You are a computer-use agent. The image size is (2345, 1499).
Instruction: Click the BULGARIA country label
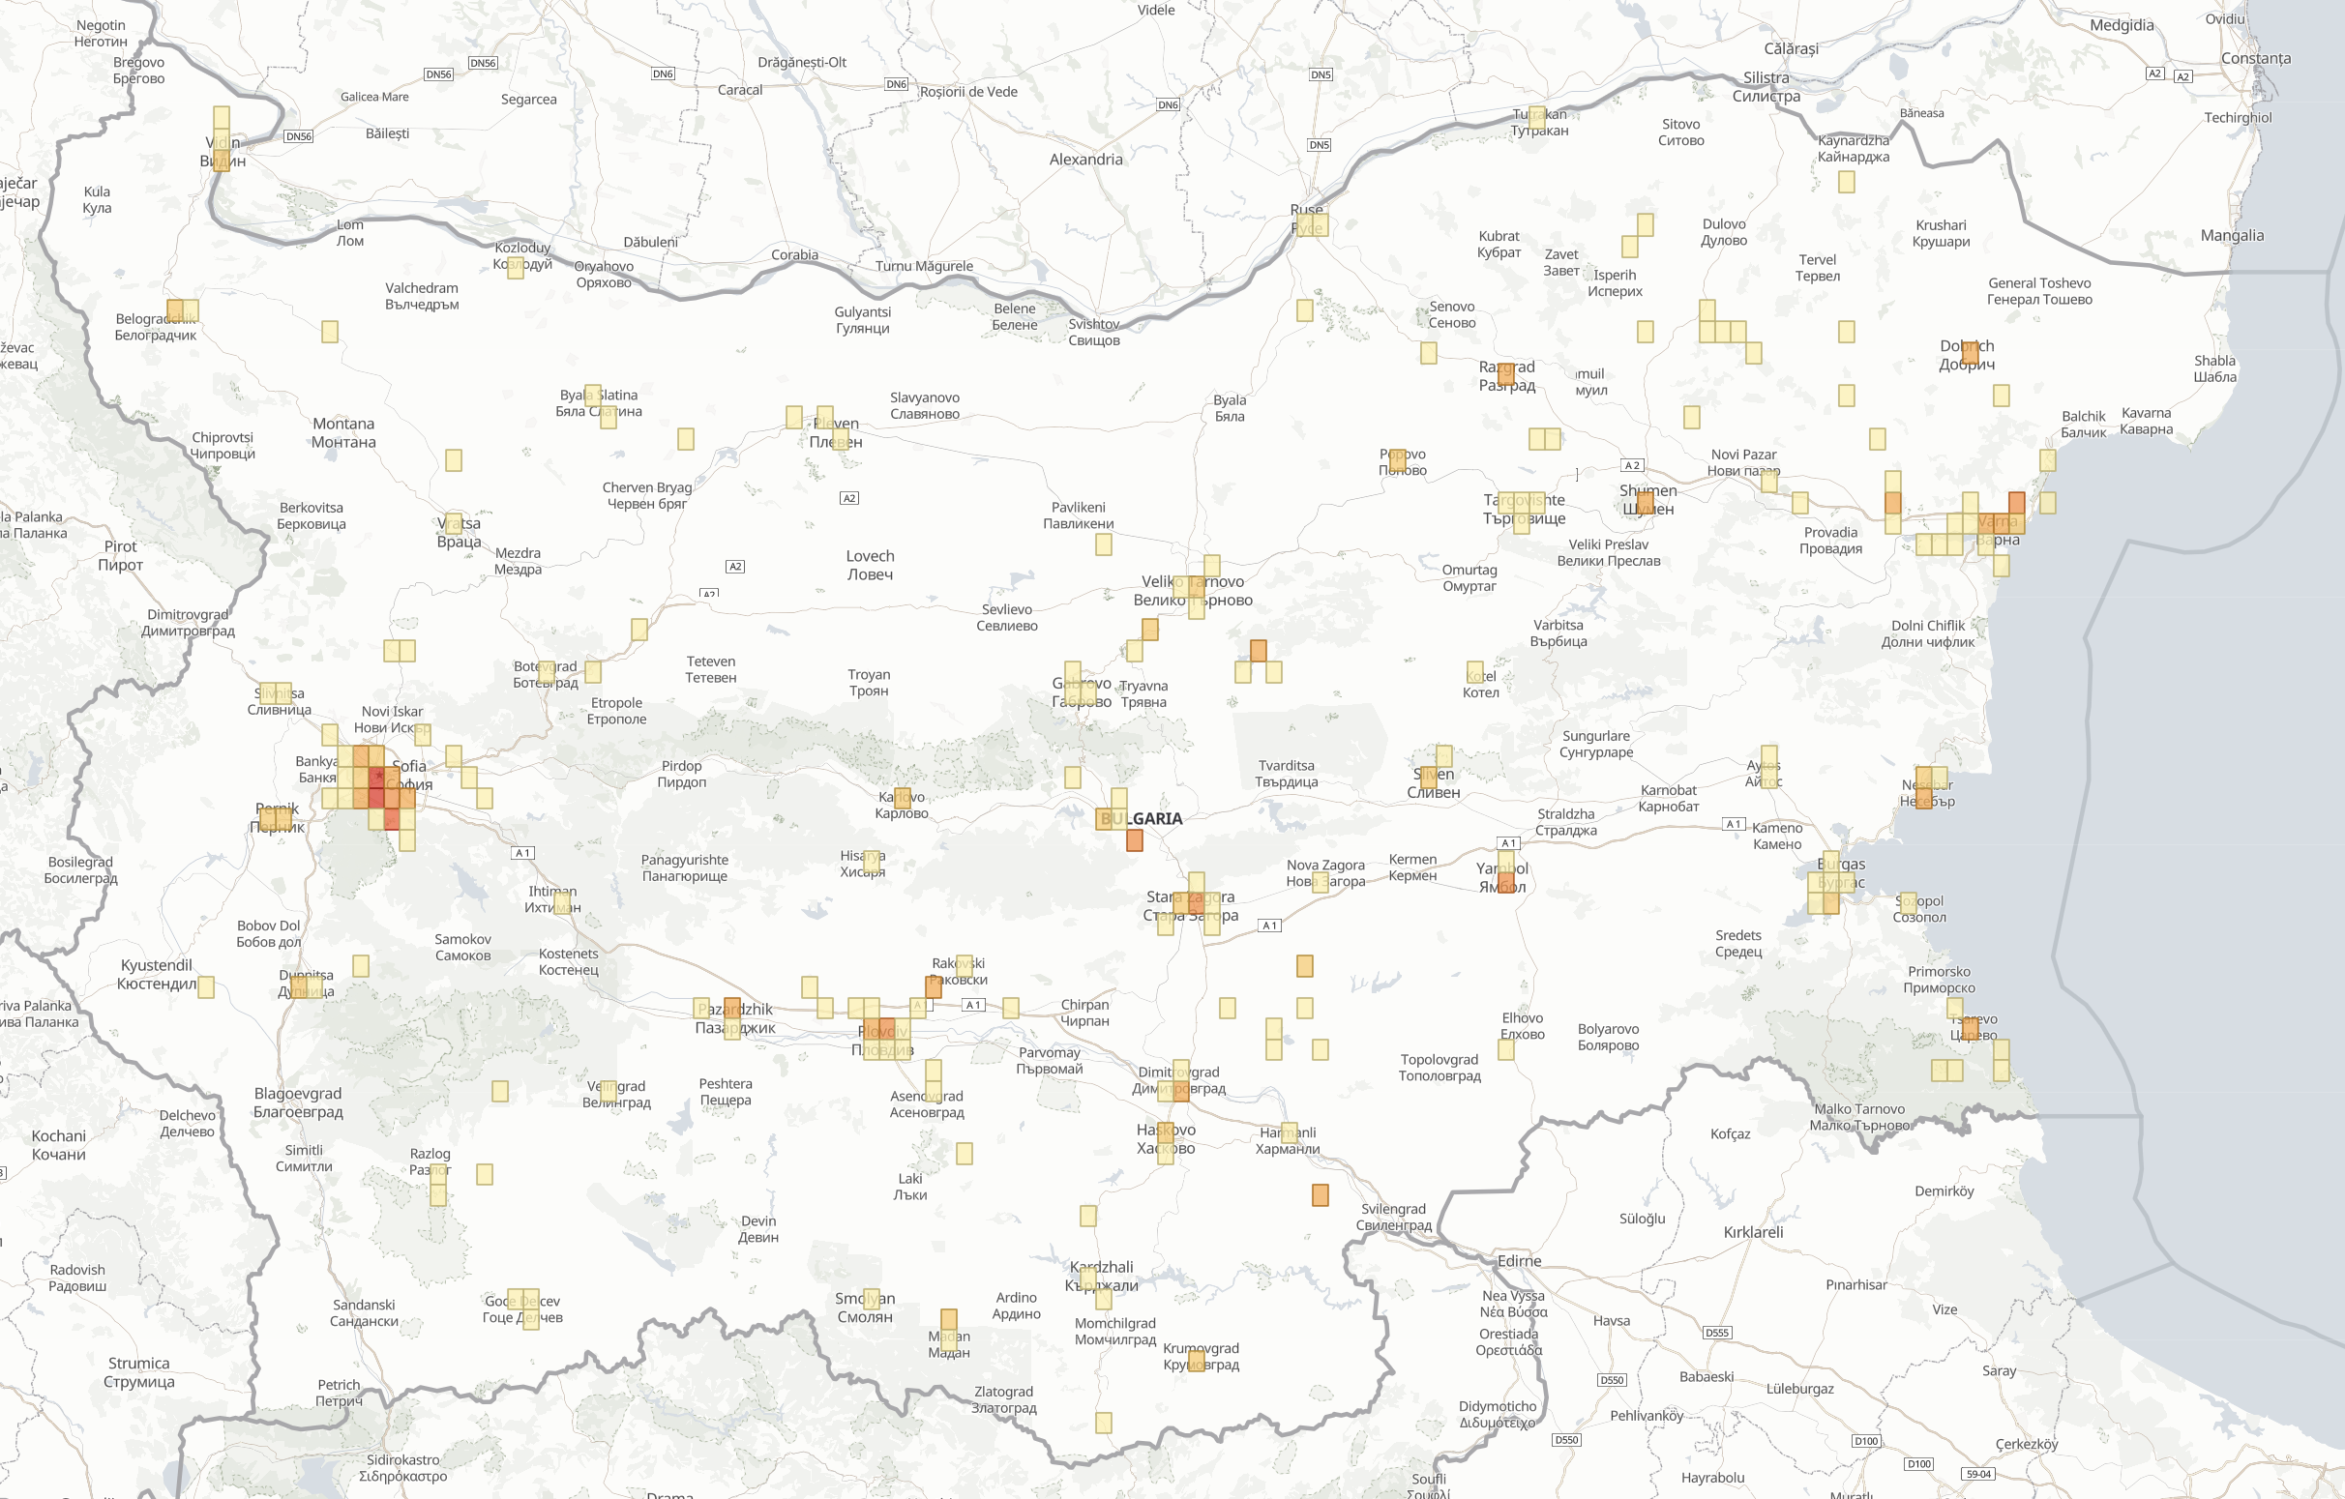pyautogui.click(x=1142, y=818)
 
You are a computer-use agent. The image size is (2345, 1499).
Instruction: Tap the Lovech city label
pyautogui.click(x=870, y=566)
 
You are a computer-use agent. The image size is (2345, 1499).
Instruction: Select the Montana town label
pyautogui.click(x=342, y=433)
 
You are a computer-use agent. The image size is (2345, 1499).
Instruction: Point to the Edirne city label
pyautogui.click(x=1519, y=1261)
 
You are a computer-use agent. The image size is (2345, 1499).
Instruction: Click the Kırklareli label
pyautogui.click(x=1753, y=1232)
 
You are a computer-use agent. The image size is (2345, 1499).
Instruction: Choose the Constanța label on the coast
pyautogui.click(x=2255, y=58)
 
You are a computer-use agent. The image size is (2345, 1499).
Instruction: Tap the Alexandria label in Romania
pyautogui.click(x=1085, y=160)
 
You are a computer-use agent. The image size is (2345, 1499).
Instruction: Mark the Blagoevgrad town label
pyautogui.click(x=298, y=1102)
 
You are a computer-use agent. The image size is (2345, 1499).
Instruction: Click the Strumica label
pyautogui.click(x=139, y=1372)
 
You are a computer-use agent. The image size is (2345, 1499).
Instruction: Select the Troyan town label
pyautogui.click(x=869, y=683)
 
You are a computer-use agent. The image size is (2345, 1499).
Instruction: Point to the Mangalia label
pyautogui.click(x=2232, y=236)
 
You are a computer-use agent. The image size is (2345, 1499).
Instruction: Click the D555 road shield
pyautogui.click(x=1717, y=1333)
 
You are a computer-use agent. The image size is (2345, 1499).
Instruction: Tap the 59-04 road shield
pyautogui.click(x=1979, y=1474)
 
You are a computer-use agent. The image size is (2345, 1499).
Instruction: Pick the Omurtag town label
pyautogui.click(x=1469, y=578)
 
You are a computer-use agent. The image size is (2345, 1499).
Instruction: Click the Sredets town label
pyautogui.click(x=1738, y=943)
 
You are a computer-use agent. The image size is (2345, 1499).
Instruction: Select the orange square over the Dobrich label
pyautogui.click(x=1970, y=351)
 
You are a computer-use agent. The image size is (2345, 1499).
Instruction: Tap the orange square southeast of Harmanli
pyautogui.click(x=1320, y=1195)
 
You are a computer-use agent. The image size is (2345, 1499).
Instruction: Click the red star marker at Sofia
pyautogui.click(x=378, y=776)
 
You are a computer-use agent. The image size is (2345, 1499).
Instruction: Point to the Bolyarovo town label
pyautogui.click(x=1608, y=1037)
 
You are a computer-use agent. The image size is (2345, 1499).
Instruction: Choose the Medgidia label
pyautogui.click(x=2122, y=25)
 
